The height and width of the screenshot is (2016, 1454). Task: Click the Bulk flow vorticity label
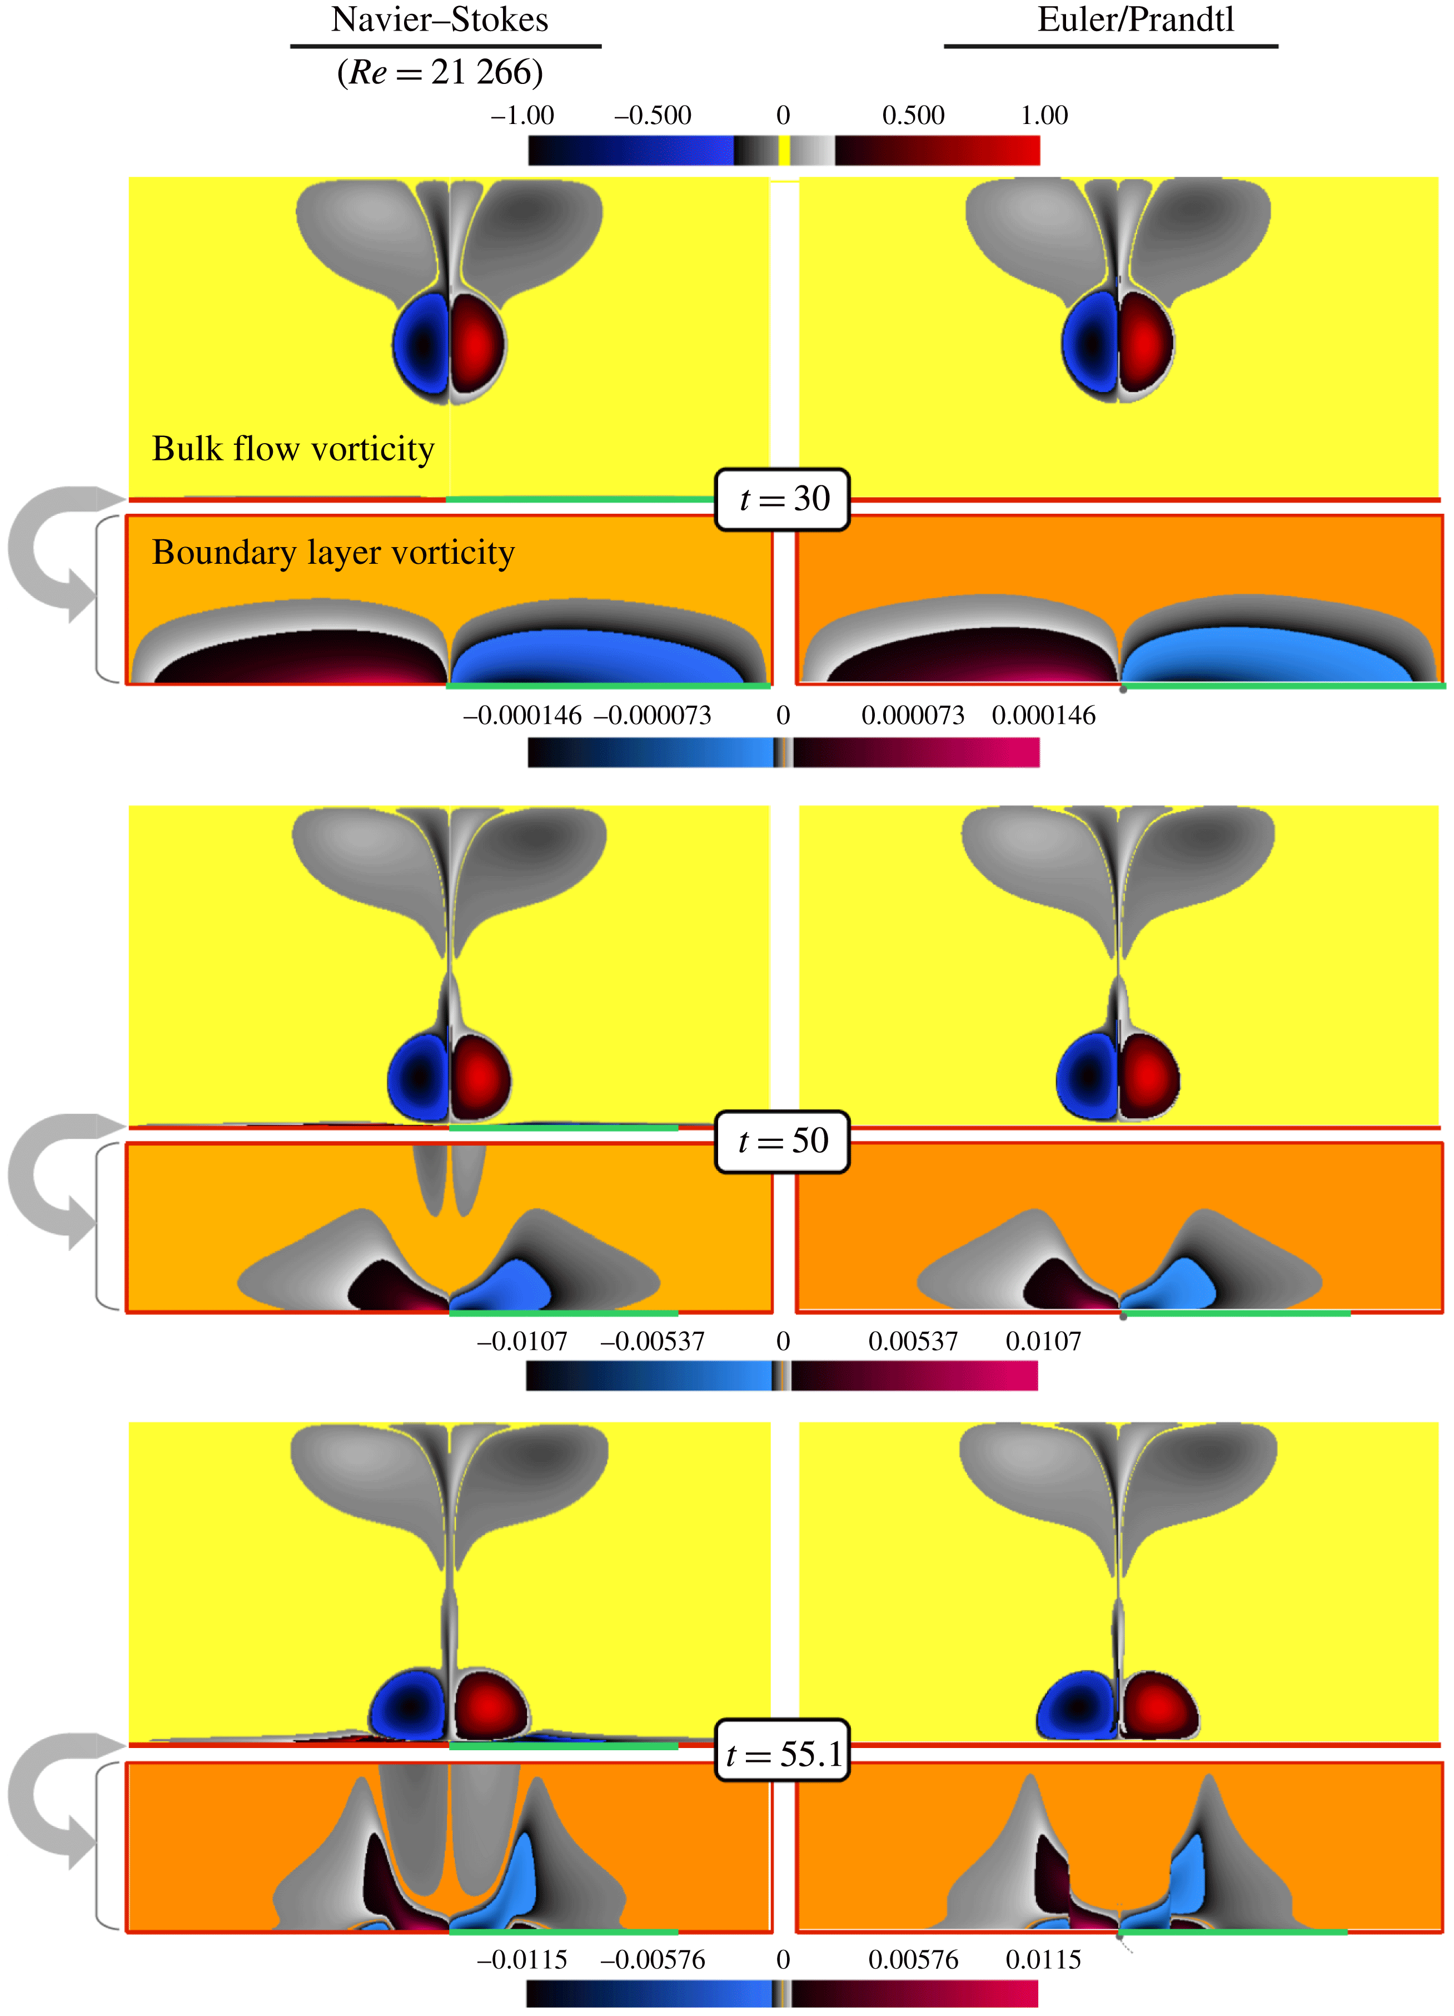tap(293, 449)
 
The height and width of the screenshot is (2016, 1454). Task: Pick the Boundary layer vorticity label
tap(333, 553)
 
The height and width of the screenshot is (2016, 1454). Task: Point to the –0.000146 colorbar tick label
tap(522, 716)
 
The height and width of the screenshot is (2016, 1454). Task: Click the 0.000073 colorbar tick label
tap(913, 716)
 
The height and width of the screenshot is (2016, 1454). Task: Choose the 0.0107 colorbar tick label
tap(1043, 1342)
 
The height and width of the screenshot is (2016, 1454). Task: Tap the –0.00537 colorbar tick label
tap(653, 1342)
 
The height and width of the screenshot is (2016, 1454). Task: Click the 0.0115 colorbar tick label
tap(1043, 1960)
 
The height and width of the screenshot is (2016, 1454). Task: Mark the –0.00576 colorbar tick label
tap(653, 1960)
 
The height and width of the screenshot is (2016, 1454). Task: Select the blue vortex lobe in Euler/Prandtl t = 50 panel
tap(1087, 1076)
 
